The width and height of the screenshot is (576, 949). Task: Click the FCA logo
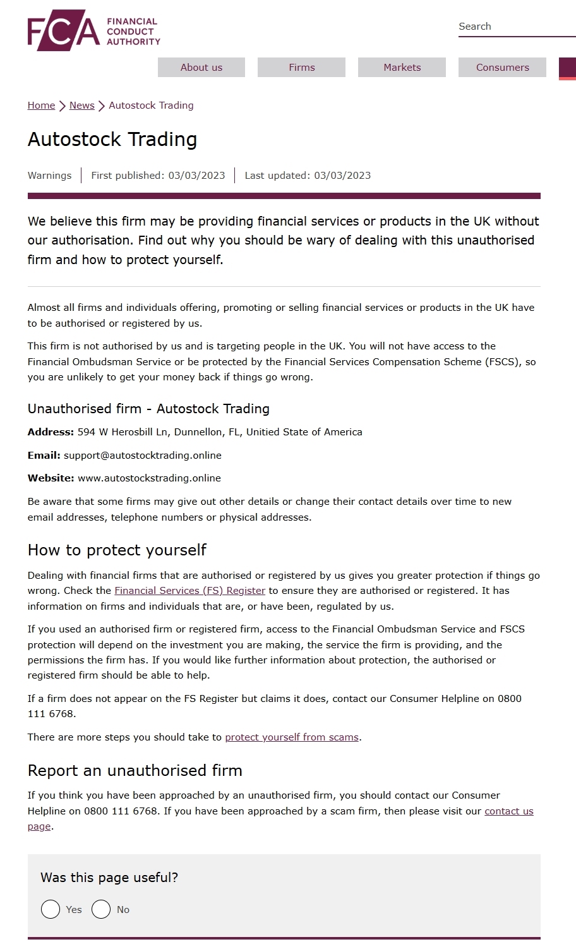[93, 30]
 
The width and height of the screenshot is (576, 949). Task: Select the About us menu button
[201, 68]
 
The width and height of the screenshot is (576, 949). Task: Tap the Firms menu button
[301, 68]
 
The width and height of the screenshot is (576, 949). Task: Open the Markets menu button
[402, 68]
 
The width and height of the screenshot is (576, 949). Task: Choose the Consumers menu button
[502, 68]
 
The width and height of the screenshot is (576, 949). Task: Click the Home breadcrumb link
[41, 106]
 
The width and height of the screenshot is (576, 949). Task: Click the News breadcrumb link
[81, 106]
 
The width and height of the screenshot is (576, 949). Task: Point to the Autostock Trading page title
[112, 139]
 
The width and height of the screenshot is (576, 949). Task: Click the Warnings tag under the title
[49, 176]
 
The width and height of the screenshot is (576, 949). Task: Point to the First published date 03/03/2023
[196, 176]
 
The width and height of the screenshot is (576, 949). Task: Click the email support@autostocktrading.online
[143, 456]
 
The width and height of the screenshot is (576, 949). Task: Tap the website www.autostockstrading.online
[149, 478]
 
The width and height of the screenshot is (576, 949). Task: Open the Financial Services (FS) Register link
[189, 591]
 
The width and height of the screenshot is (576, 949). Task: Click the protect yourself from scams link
[292, 737]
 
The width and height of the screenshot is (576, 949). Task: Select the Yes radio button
[51, 909]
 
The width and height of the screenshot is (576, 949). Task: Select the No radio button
[101, 909]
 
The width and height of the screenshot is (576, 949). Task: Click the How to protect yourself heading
[117, 550]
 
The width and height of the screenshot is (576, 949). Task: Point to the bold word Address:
[51, 432]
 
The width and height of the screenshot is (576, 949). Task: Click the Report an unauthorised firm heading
[135, 771]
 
